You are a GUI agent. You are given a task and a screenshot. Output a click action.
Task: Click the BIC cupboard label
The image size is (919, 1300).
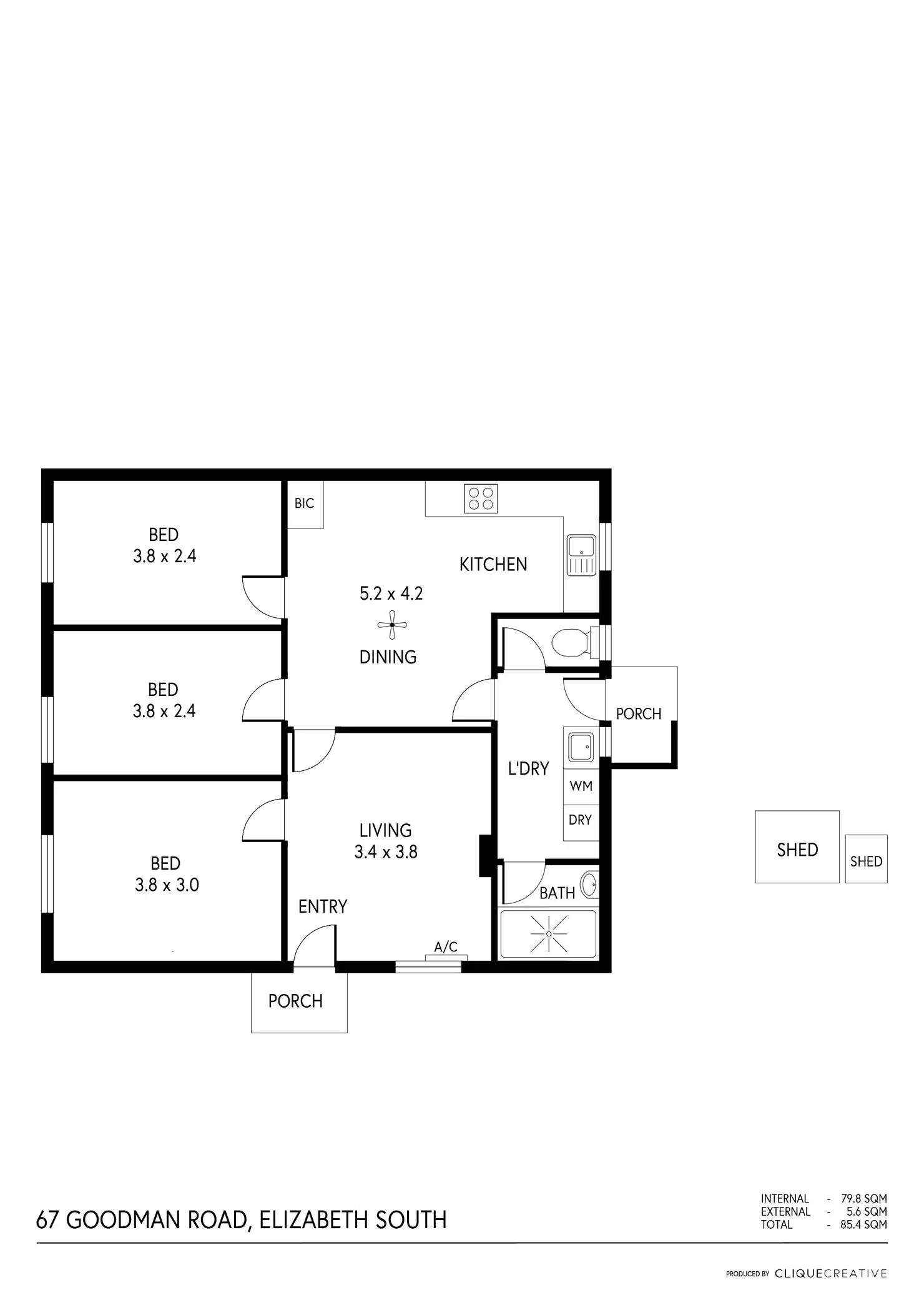click(x=304, y=504)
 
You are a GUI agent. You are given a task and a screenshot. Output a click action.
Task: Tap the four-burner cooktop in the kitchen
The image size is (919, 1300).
click(x=481, y=499)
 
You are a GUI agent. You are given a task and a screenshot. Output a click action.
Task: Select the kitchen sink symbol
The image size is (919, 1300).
click(x=581, y=554)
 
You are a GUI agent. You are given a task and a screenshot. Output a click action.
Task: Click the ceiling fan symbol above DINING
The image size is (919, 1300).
click(x=392, y=625)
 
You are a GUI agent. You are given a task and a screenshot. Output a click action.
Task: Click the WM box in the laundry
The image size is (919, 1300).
click(x=581, y=786)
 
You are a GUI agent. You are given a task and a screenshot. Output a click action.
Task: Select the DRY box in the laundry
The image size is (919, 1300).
click(x=580, y=820)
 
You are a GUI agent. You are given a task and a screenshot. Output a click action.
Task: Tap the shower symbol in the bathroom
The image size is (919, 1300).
click(x=549, y=934)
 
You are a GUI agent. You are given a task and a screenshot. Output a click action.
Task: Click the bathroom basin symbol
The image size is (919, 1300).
click(x=589, y=884)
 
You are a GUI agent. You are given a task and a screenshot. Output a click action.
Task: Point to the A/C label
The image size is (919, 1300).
click(x=446, y=947)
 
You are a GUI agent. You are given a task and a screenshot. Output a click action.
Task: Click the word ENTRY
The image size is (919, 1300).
click(x=322, y=906)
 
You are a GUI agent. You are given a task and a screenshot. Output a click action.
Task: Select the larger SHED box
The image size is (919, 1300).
click(x=797, y=847)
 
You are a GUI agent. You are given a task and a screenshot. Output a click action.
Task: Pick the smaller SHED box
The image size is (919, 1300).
click(x=866, y=860)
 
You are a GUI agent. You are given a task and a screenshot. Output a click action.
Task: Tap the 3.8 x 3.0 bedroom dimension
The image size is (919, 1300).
click(x=167, y=885)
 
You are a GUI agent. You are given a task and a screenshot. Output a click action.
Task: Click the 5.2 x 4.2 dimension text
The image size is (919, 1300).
click(x=391, y=593)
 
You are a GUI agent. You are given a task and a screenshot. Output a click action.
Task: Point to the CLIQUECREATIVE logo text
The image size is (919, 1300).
click(x=830, y=1273)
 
